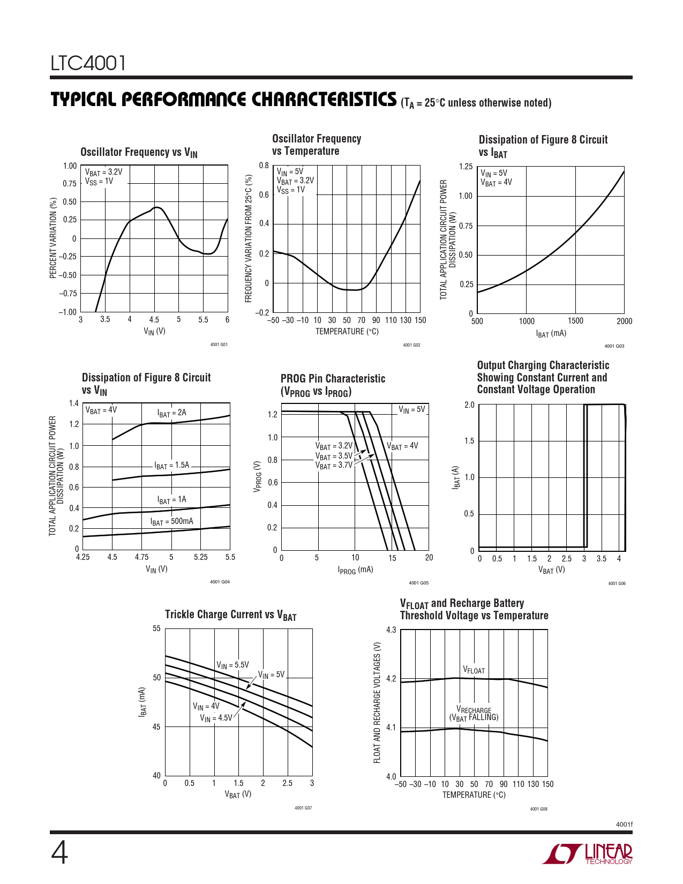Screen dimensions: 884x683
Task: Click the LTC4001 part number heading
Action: [88, 63]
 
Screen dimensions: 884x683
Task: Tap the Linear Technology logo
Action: [588, 854]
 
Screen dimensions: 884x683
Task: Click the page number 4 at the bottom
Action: [59, 853]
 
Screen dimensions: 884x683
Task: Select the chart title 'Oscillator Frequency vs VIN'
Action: [139, 153]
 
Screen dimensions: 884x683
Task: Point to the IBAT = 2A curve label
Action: [171, 413]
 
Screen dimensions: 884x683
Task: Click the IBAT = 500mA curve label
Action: [171, 521]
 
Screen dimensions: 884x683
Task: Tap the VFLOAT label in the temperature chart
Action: [474, 670]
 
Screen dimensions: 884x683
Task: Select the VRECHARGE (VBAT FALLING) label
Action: [474, 714]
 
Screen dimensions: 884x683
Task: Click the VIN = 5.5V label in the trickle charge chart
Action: [232, 665]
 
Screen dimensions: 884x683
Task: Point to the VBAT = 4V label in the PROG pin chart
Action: [402, 446]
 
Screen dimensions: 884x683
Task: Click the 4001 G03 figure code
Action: [614, 346]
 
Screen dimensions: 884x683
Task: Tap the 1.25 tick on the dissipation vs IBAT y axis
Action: [466, 167]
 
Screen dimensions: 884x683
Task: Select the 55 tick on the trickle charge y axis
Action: [156, 628]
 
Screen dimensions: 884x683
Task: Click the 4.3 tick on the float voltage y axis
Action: [391, 630]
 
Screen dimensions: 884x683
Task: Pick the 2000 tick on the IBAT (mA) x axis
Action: [624, 321]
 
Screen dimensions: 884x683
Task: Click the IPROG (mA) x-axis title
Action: [355, 570]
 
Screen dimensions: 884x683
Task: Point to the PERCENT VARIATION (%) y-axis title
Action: [53, 238]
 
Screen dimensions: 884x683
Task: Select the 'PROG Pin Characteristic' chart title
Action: [333, 379]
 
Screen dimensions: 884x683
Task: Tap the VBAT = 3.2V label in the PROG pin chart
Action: [334, 446]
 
